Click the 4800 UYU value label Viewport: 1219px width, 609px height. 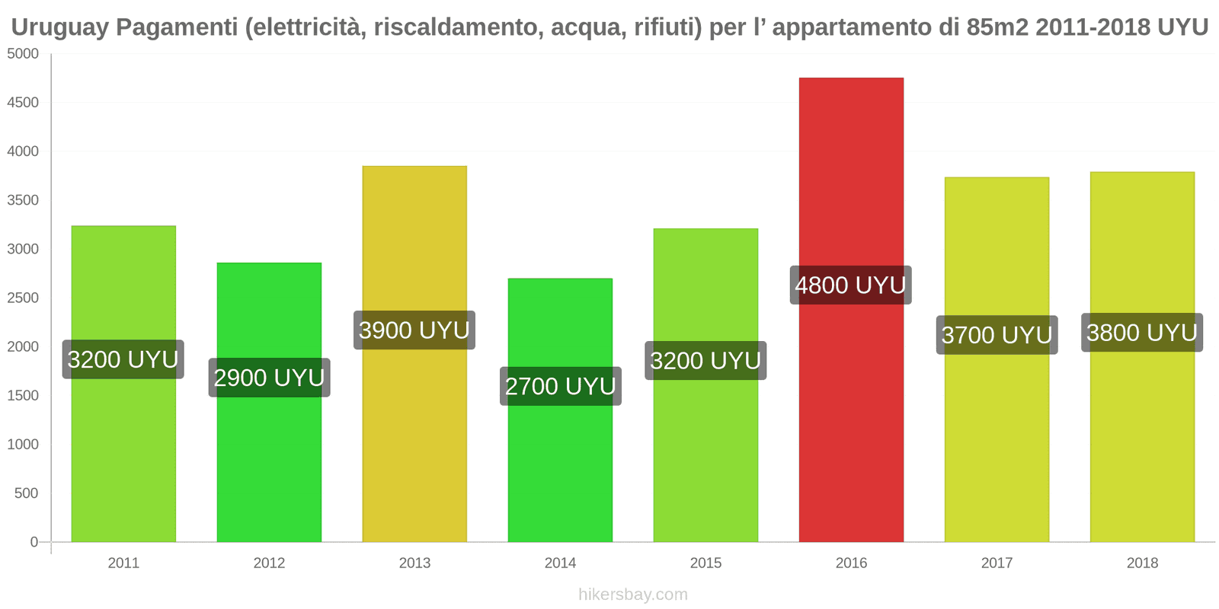(x=850, y=285)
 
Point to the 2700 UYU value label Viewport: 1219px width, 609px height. (x=560, y=386)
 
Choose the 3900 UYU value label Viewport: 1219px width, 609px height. (x=414, y=330)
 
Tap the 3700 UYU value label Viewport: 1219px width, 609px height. (x=997, y=335)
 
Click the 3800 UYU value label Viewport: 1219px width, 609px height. (x=1142, y=333)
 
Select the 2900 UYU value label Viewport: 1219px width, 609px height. (x=269, y=378)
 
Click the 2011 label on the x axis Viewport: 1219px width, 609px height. (x=123, y=563)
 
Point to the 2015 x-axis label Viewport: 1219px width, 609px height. (x=705, y=563)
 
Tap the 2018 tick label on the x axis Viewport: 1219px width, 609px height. (x=1142, y=563)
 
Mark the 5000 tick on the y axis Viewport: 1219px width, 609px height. (x=23, y=54)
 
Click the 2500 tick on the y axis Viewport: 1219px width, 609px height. (x=23, y=298)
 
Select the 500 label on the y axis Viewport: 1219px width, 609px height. (x=26, y=493)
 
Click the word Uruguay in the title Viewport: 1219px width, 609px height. (x=56, y=27)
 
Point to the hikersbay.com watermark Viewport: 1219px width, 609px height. (x=632, y=595)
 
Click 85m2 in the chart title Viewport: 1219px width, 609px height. (x=998, y=27)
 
